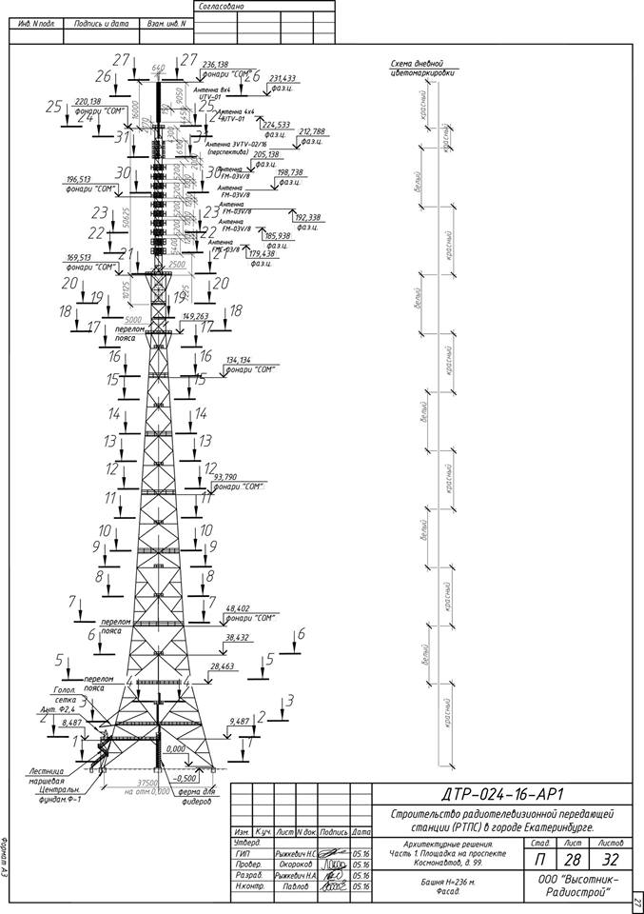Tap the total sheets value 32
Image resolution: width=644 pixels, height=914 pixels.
click(x=611, y=859)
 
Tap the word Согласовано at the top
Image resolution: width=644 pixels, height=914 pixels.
click(x=220, y=7)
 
